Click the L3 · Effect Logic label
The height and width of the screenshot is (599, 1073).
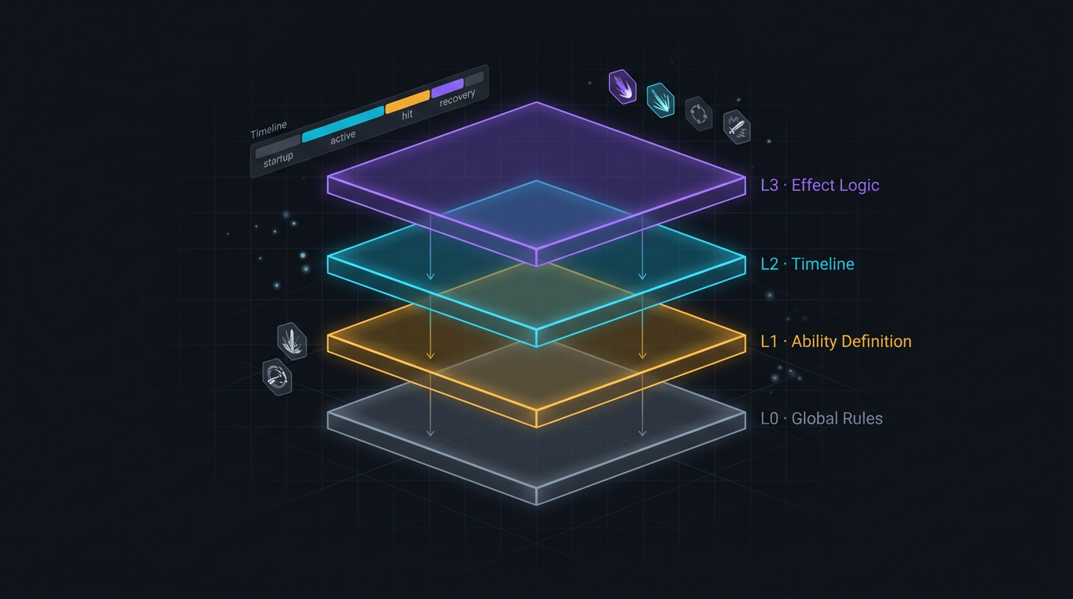click(x=820, y=185)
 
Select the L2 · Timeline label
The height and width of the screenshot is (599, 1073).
click(x=807, y=264)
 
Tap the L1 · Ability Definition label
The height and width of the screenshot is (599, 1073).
click(x=836, y=341)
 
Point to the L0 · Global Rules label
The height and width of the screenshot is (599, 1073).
click(x=822, y=418)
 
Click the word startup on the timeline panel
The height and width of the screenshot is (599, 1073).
click(x=278, y=159)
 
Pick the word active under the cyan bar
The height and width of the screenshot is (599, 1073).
click(x=343, y=137)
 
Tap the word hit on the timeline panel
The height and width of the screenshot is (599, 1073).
click(x=407, y=115)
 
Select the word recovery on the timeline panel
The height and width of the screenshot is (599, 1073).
click(x=458, y=97)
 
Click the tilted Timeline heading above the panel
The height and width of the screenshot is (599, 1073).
click(x=269, y=129)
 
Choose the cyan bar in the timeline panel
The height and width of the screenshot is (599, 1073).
click(x=343, y=124)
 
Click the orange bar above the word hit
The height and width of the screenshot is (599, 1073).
click(x=408, y=102)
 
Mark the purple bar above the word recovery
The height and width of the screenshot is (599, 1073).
click(x=448, y=88)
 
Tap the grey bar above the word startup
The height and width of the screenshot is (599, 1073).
click(x=278, y=147)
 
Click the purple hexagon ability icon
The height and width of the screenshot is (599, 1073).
click(x=622, y=87)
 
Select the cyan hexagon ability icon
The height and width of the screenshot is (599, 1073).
click(x=660, y=100)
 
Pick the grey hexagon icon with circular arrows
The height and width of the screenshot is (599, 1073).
click(x=699, y=114)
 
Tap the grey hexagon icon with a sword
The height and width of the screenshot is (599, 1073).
click(x=737, y=127)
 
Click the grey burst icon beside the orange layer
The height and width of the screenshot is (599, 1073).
click(x=292, y=341)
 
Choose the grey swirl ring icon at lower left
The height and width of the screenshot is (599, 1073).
click(x=277, y=377)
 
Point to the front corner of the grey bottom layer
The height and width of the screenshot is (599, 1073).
click(x=536, y=505)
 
